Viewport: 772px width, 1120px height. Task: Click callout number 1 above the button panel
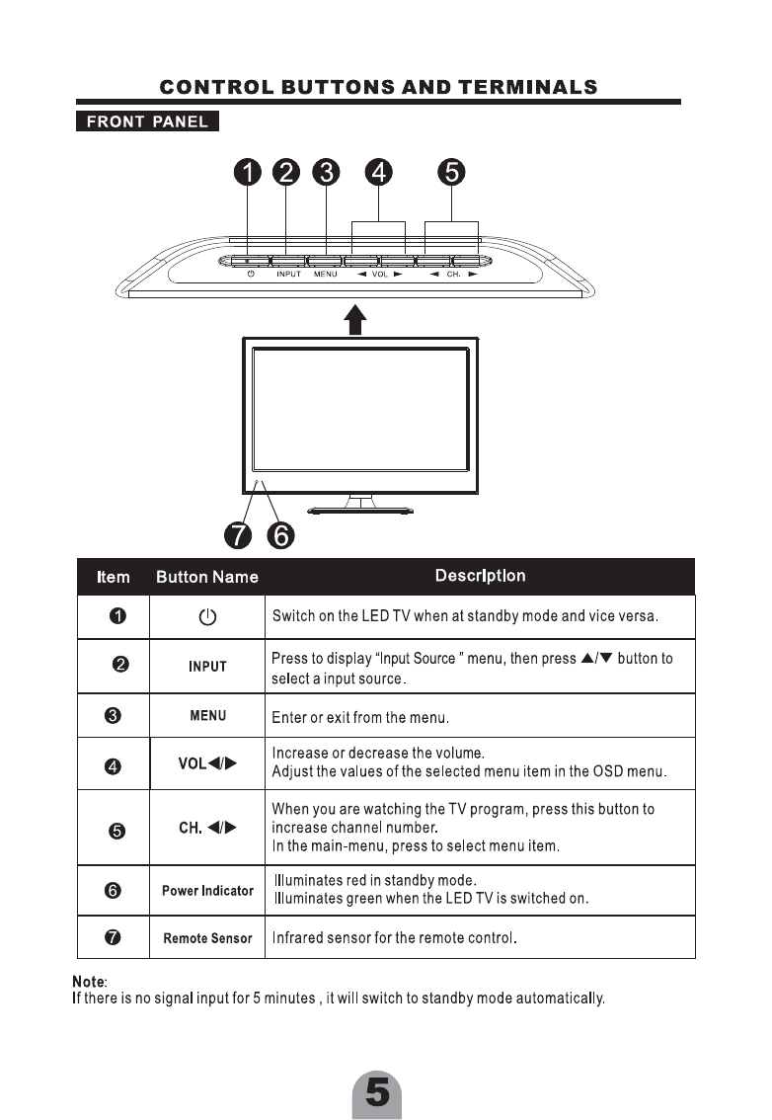coord(247,173)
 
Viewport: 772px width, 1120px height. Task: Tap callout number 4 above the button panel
coord(378,173)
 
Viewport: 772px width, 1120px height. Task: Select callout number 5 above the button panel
coord(451,173)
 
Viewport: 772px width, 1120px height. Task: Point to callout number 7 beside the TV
coord(238,535)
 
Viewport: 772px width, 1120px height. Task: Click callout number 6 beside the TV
coord(280,535)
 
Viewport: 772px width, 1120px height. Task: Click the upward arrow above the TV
coord(356,319)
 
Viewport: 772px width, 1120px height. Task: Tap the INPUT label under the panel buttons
coord(288,275)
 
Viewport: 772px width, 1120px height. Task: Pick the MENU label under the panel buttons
coord(326,275)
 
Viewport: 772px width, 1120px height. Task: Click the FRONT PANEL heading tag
coord(147,122)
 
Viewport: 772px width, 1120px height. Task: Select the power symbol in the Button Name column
coord(207,618)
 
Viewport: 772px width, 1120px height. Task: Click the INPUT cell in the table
coord(207,667)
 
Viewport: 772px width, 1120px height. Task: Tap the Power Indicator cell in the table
coord(207,891)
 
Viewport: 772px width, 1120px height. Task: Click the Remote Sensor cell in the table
coord(207,938)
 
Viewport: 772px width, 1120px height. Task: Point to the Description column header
coord(480,576)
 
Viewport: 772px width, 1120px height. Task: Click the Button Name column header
coord(207,577)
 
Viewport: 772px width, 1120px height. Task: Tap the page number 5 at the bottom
coord(377,1094)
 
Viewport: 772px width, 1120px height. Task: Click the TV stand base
coord(360,511)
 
